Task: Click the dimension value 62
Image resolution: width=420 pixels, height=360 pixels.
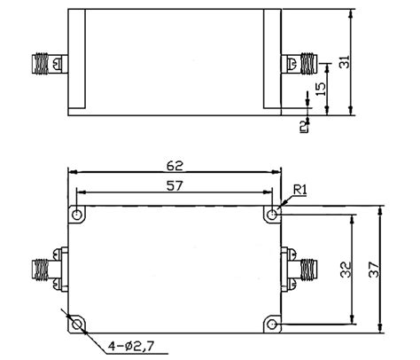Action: (175, 164)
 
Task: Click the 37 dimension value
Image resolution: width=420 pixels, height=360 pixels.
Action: (375, 268)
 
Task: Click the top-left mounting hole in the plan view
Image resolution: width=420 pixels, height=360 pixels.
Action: (79, 215)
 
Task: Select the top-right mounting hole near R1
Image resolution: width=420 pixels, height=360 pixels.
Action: (271, 215)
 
